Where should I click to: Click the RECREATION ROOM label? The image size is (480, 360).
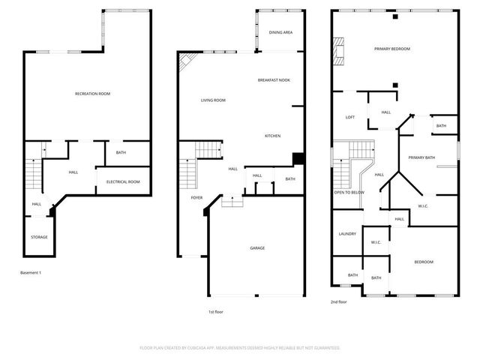[92, 94]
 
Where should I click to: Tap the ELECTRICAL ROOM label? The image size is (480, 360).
[124, 182]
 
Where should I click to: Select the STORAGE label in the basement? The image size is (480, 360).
[39, 237]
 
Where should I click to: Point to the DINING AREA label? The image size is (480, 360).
[280, 33]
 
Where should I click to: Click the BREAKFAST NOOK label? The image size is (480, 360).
[274, 80]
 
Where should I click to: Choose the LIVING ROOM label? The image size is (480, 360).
[213, 100]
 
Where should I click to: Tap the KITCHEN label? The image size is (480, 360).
[272, 136]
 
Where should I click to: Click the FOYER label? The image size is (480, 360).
[196, 198]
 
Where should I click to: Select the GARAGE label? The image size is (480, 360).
[257, 248]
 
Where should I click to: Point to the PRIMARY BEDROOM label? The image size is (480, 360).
[392, 49]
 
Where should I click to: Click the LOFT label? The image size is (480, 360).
[349, 117]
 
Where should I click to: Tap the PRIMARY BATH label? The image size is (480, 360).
[421, 157]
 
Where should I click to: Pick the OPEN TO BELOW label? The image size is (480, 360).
[349, 193]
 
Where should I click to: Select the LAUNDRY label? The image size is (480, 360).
[346, 234]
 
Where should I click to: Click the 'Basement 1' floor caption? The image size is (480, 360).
[30, 272]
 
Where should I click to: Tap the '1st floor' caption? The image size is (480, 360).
[216, 311]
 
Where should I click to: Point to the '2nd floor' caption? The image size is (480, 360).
[338, 302]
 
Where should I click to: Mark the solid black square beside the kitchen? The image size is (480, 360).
[298, 158]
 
